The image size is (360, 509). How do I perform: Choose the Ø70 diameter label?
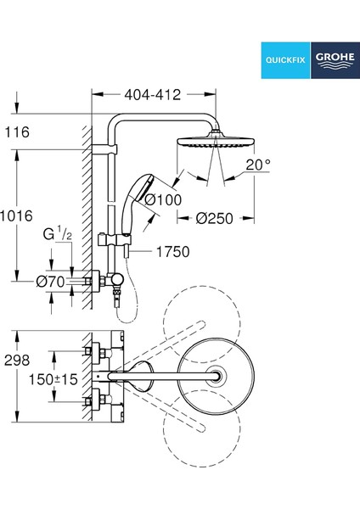pos(51,282)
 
